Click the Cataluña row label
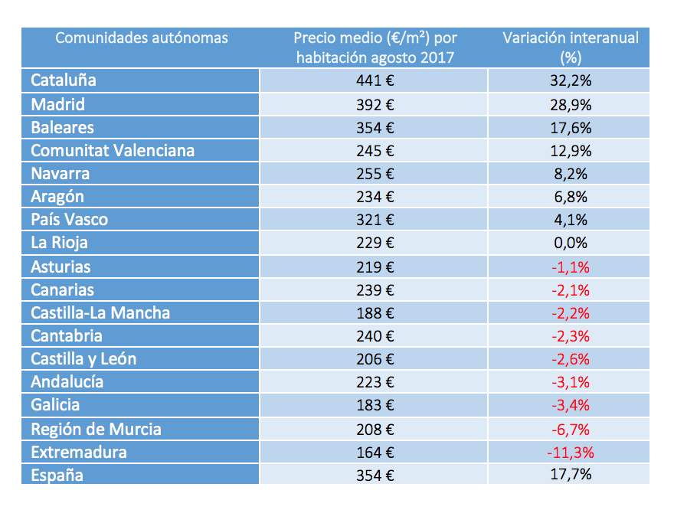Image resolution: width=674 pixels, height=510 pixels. [64, 80]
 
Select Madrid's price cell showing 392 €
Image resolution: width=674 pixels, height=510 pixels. [375, 104]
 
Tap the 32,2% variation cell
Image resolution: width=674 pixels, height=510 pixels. [571, 80]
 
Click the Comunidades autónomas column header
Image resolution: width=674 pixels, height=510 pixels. [142, 38]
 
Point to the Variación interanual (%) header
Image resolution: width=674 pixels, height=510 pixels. [571, 47]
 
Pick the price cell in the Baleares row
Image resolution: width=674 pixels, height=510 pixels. [375, 127]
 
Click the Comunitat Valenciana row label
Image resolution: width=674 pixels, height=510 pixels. [113, 150]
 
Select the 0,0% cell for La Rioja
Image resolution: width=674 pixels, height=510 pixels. [571, 243]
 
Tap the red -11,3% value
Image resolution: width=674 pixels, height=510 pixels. [571, 452]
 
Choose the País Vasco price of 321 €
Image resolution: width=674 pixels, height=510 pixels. [375, 220]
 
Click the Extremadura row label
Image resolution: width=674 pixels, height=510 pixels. [79, 452]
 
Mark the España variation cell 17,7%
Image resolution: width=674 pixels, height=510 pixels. [571, 475]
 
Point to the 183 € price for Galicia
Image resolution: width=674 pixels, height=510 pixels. [375, 405]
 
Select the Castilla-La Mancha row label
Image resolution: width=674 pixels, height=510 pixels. [100, 312]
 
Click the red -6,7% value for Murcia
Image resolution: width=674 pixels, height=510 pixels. [571, 429]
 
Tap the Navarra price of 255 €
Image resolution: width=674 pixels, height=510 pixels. [375, 174]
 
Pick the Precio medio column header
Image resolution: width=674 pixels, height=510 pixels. [375, 47]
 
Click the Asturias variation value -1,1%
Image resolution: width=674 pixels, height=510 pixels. [571, 266]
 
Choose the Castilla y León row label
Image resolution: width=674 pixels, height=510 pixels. [83, 359]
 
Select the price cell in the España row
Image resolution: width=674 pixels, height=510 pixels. [375, 475]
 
